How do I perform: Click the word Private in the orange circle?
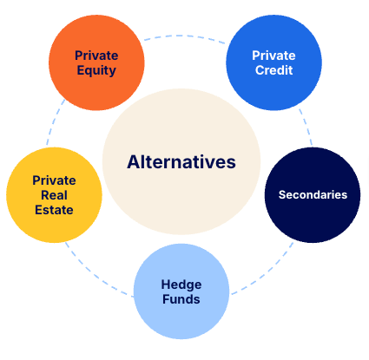coord(96,56)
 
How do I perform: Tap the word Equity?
coord(96,71)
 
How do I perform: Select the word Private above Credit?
coord(273,56)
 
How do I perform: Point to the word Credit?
coord(273,70)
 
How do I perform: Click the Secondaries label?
coord(313,195)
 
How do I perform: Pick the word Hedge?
coord(181,285)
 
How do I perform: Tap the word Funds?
coord(181,299)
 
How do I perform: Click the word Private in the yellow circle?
coord(54,180)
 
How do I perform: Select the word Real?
coord(54,195)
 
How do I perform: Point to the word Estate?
coord(54,210)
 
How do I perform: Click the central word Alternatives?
coord(181,162)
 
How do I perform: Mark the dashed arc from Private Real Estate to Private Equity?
coord(54,121)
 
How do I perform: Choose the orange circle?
coord(96,62)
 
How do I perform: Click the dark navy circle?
coord(313,195)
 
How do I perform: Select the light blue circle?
coord(181,291)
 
